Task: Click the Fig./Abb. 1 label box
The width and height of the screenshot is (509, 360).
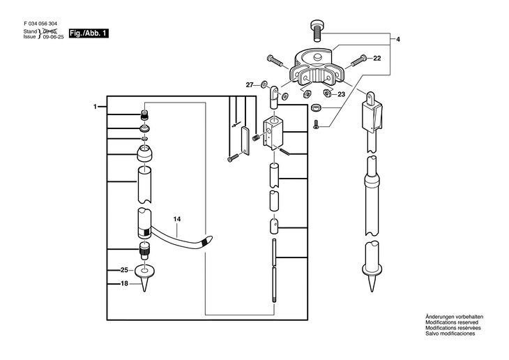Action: (89, 33)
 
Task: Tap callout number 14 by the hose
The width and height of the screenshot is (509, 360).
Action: (177, 219)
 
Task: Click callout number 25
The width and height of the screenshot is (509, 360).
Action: (124, 269)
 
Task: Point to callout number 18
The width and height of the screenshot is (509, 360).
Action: (124, 283)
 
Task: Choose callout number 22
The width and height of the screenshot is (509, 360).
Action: (377, 58)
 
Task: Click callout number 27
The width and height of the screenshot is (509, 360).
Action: (249, 84)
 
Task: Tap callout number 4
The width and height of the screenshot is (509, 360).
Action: (398, 39)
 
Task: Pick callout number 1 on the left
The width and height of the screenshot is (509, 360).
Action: (95, 106)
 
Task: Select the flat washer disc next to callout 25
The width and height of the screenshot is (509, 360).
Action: (146, 269)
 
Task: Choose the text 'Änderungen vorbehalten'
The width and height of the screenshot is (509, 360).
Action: (453, 317)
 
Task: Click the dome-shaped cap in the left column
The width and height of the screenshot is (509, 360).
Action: (145, 153)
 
